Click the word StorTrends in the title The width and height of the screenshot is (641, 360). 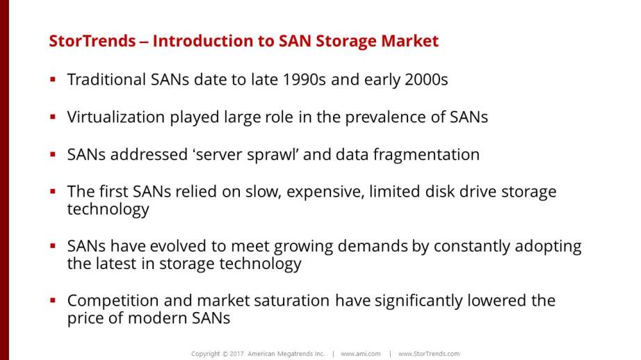pyautogui.click(x=92, y=41)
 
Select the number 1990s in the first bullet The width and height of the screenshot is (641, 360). pyautogui.click(x=304, y=79)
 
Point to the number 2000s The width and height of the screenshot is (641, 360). pyautogui.click(x=426, y=79)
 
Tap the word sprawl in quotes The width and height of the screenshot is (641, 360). pyautogui.click(x=273, y=155)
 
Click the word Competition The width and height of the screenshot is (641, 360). pyautogui.click(x=113, y=301)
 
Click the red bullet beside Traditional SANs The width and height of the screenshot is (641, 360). pyautogui.click(x=53, y=79)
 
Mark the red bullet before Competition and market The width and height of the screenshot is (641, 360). pyautogui.click(x=53, y=301)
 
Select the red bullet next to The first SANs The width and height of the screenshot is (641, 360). pyautogui.click(x=53, y=191)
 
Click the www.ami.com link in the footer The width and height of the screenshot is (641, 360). pyautogui.click(x=361, y=354)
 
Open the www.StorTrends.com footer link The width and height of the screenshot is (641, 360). pyautogui.click(x=429, y=354)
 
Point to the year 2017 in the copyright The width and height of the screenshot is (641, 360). pyautogui.click(x=236, y=354)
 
